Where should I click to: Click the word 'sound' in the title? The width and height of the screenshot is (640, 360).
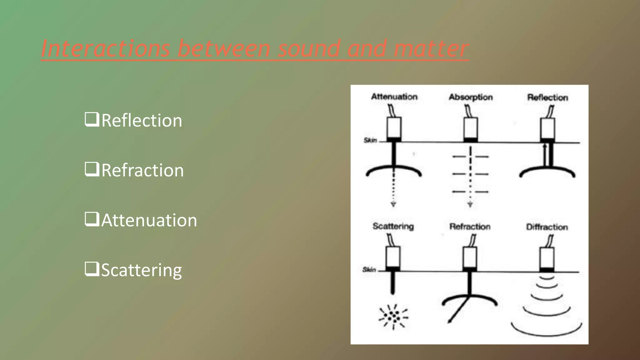pos(308,49)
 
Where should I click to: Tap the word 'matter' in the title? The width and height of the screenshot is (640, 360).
pos(431,49)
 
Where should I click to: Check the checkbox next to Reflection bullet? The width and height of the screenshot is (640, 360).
pos(92,119)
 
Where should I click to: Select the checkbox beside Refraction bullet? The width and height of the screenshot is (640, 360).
pos(92,169)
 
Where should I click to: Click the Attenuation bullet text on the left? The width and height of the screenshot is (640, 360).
pos(149,220)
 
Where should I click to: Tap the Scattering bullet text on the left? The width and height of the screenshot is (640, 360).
pos(141,270)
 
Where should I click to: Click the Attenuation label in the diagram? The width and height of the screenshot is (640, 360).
pos(394,97)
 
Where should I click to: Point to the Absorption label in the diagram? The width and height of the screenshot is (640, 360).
pos(471,97)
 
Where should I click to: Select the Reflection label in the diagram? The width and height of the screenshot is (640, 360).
pos(547,97)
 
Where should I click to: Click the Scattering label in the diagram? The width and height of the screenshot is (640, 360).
pos(393,226)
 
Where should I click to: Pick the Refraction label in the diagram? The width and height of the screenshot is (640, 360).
pos(470,227)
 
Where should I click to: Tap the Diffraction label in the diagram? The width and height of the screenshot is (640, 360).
pos(547,227)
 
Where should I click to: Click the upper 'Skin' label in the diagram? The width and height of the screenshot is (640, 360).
pos(370,140)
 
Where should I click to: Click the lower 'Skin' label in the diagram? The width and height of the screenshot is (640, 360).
pos(369,269)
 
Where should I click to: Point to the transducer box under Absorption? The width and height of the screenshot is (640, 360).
pos(470,128)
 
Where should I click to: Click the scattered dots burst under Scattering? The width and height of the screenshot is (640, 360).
pos(393,317)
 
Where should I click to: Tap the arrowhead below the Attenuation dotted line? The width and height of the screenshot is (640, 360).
pos(393,204)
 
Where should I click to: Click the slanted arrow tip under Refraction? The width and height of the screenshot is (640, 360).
pos(449,321)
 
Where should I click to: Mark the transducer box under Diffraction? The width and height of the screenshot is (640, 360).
pos(547,258)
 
